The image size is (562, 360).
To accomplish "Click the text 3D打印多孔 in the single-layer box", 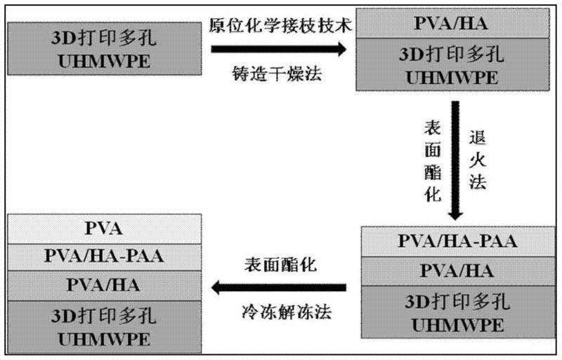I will [103, 34].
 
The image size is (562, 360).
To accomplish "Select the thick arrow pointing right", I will [280, 49].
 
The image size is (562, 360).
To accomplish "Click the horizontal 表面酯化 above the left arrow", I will [280, 265].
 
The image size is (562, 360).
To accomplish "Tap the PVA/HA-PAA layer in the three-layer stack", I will [457, 243].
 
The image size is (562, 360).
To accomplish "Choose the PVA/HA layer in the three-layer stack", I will [457, 271].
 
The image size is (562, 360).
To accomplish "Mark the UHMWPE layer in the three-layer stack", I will [457, 314].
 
